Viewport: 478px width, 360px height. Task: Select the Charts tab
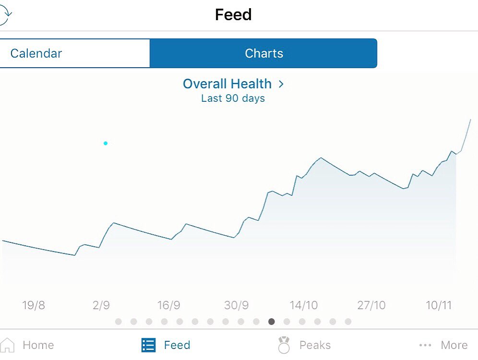pos(263,53)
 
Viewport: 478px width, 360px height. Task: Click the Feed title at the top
pos(233,15)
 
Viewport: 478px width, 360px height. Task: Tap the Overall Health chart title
pos(227,84)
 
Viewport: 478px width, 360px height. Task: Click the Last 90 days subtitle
pos(233,98)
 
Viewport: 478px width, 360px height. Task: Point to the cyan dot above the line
pos(106,143)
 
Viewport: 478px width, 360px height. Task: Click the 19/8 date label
pos(34,305)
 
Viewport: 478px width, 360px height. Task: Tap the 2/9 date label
pos(101,305)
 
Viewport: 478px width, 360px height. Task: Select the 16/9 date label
pos(168,305)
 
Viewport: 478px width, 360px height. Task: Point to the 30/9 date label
pos(236,305)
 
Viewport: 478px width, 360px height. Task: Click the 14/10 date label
pos(303,305)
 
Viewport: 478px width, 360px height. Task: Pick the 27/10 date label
pos(371,305)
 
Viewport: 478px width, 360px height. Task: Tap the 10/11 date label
pos(439,305)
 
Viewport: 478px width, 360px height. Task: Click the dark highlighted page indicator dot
pos(272,322)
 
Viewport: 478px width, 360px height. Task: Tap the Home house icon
pos(8,345)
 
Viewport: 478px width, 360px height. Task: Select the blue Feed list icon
pos(148,345)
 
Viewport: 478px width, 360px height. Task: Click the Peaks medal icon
pos(284,345)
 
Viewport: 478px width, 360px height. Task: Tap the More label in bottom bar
pos(454,345)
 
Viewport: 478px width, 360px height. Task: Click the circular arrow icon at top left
pos(5,15)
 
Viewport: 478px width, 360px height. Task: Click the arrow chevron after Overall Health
pos(281,84)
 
